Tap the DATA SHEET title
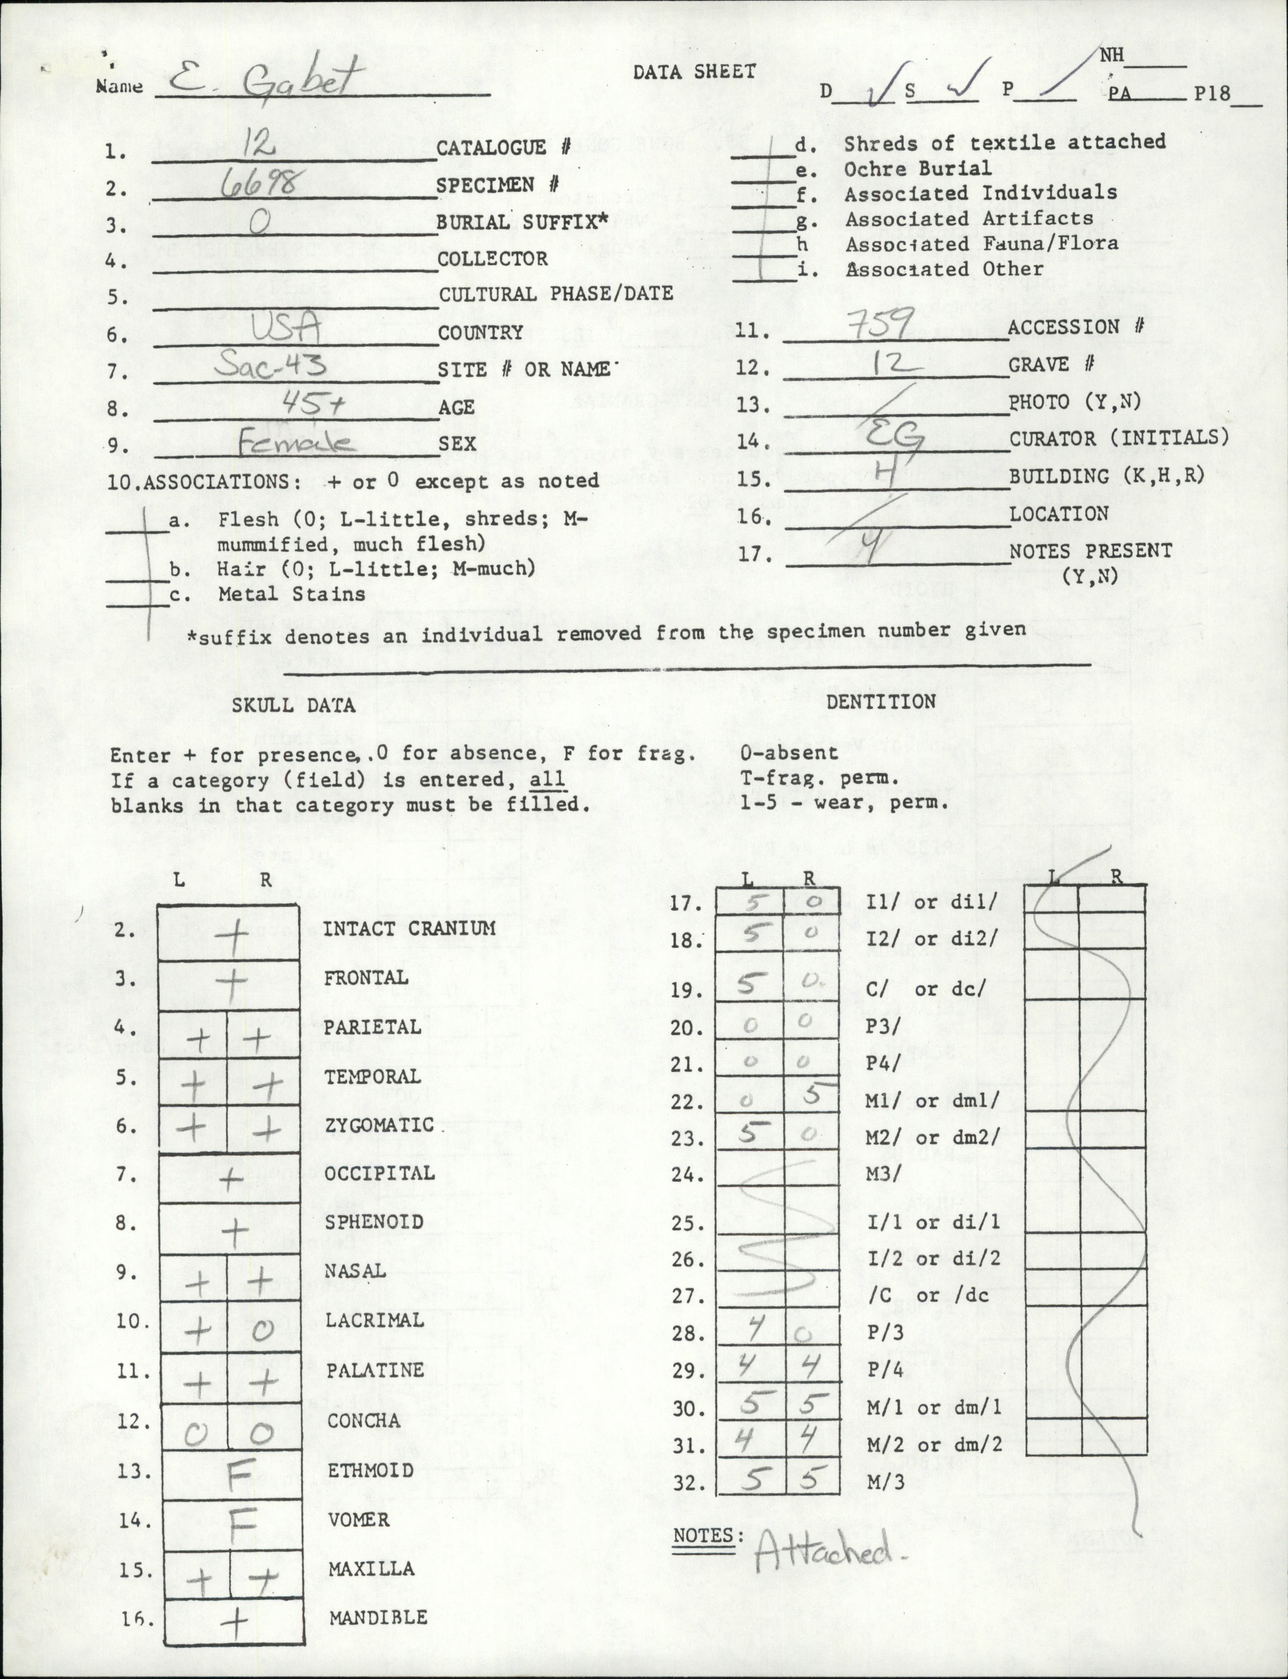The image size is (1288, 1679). click(694, 72)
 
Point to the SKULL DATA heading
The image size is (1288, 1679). click(294, 705)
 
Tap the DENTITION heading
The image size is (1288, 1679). click(880, 702)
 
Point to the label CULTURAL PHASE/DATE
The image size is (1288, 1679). click(556, 294)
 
